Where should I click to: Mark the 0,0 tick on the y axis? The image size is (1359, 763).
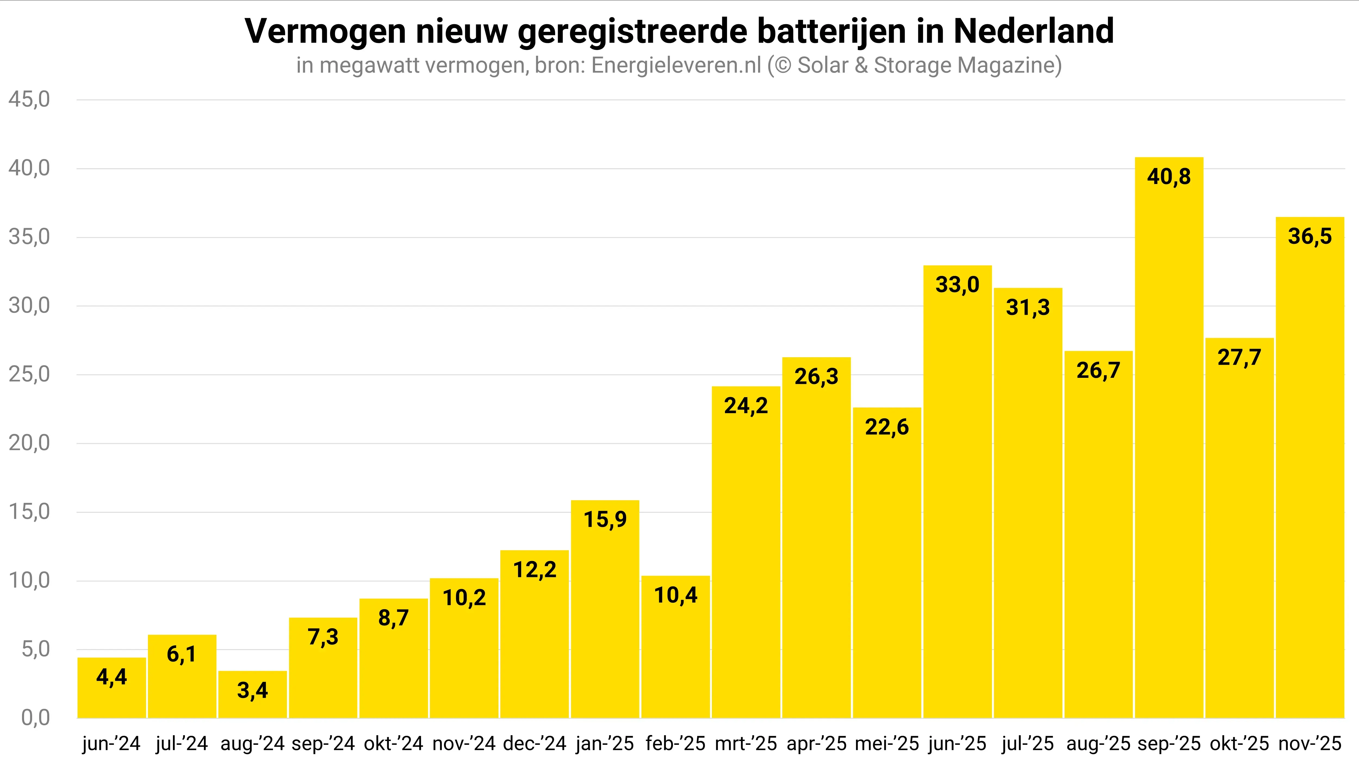(36, 718)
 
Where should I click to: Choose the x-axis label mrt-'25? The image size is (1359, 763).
(746, 743)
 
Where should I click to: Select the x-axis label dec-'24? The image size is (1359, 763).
(534, 743)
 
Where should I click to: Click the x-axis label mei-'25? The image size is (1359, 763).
(887, 743)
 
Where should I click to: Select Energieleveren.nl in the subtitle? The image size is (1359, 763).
(676, 66)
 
